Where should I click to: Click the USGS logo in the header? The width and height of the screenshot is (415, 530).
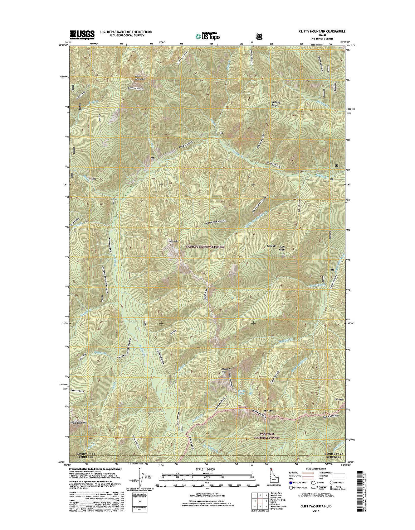click(x=82, y=34)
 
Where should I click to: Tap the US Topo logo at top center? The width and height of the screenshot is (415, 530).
click(x=208, y=36)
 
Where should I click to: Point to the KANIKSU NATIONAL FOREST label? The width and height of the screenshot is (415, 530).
click(x=207, y=247)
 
